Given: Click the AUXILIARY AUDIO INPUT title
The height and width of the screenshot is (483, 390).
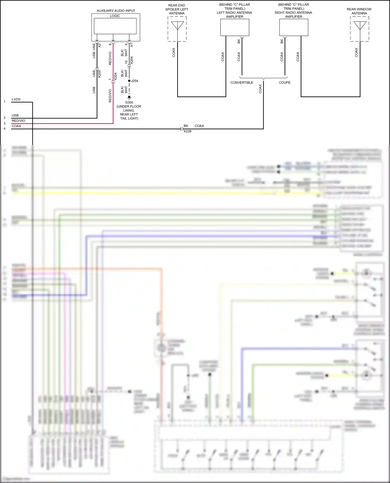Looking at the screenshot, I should coord(116,11).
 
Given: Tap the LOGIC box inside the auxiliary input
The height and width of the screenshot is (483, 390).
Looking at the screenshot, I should coord(115,26).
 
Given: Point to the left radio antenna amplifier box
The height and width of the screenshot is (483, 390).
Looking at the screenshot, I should coord(235,28).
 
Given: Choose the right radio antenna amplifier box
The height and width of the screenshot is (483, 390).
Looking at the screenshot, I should coord(294,28).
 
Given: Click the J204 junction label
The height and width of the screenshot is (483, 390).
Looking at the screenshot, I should coord(135,81).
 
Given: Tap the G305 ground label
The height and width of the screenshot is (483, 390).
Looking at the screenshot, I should coord(129,103).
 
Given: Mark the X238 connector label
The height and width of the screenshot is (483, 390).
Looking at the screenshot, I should coord(187,131).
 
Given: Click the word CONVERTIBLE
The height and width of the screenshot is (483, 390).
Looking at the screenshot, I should coord(242,83).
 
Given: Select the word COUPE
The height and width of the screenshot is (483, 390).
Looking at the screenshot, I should coord(284,83).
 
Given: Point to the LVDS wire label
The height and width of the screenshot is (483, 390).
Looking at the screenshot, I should coord(16,99).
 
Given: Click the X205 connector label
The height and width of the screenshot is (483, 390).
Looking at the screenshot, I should coord(99,74).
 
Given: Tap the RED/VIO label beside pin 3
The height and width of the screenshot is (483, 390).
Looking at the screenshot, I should coord(18,121).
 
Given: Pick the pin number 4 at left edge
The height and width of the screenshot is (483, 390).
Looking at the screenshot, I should coord(4,128).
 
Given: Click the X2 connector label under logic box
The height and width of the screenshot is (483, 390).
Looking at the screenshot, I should coord(99,45).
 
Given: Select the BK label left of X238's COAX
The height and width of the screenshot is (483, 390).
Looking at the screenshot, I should coord(186,126).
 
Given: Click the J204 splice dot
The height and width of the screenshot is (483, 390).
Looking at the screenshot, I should coord(129,81).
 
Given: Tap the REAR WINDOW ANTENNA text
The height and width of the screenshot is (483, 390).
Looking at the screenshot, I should coord(359,11).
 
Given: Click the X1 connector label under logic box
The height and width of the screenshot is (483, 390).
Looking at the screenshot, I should coord(132,45).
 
